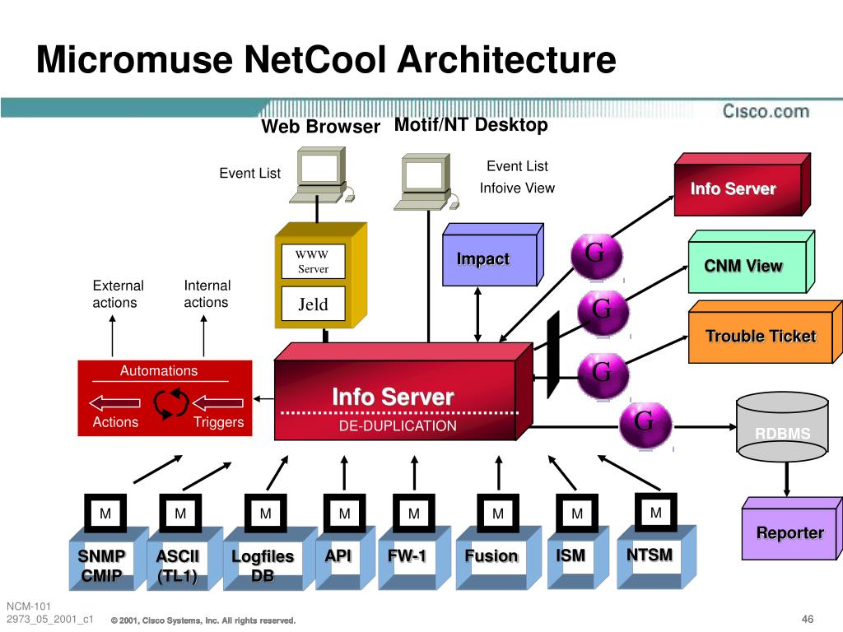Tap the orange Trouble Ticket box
coord(760,336)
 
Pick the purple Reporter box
coord(789,532)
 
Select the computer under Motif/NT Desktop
coord(426,179)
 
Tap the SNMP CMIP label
coord(102,566)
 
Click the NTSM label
coord(650,555)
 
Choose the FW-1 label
coord(407,556)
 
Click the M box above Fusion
coord(498,513)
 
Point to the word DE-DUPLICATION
coord(398,425)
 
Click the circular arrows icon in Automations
coord(171,402)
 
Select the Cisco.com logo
coord(766,111)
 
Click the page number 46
coord(807,619)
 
